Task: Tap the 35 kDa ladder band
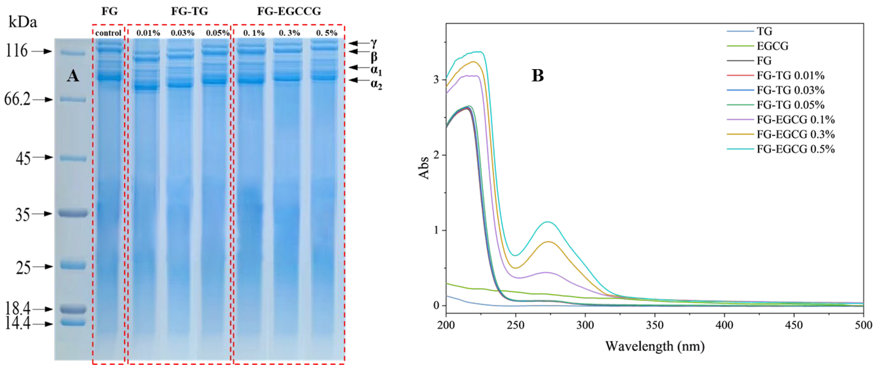point(73,213)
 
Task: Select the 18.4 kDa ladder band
point(72,309)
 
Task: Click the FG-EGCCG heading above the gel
point(289,11)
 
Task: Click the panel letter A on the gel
point(73,76)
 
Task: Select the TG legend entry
point(764,31)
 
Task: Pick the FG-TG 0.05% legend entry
point(790,105)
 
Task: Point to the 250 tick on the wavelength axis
point(516,325)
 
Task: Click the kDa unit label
point(23,23)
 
